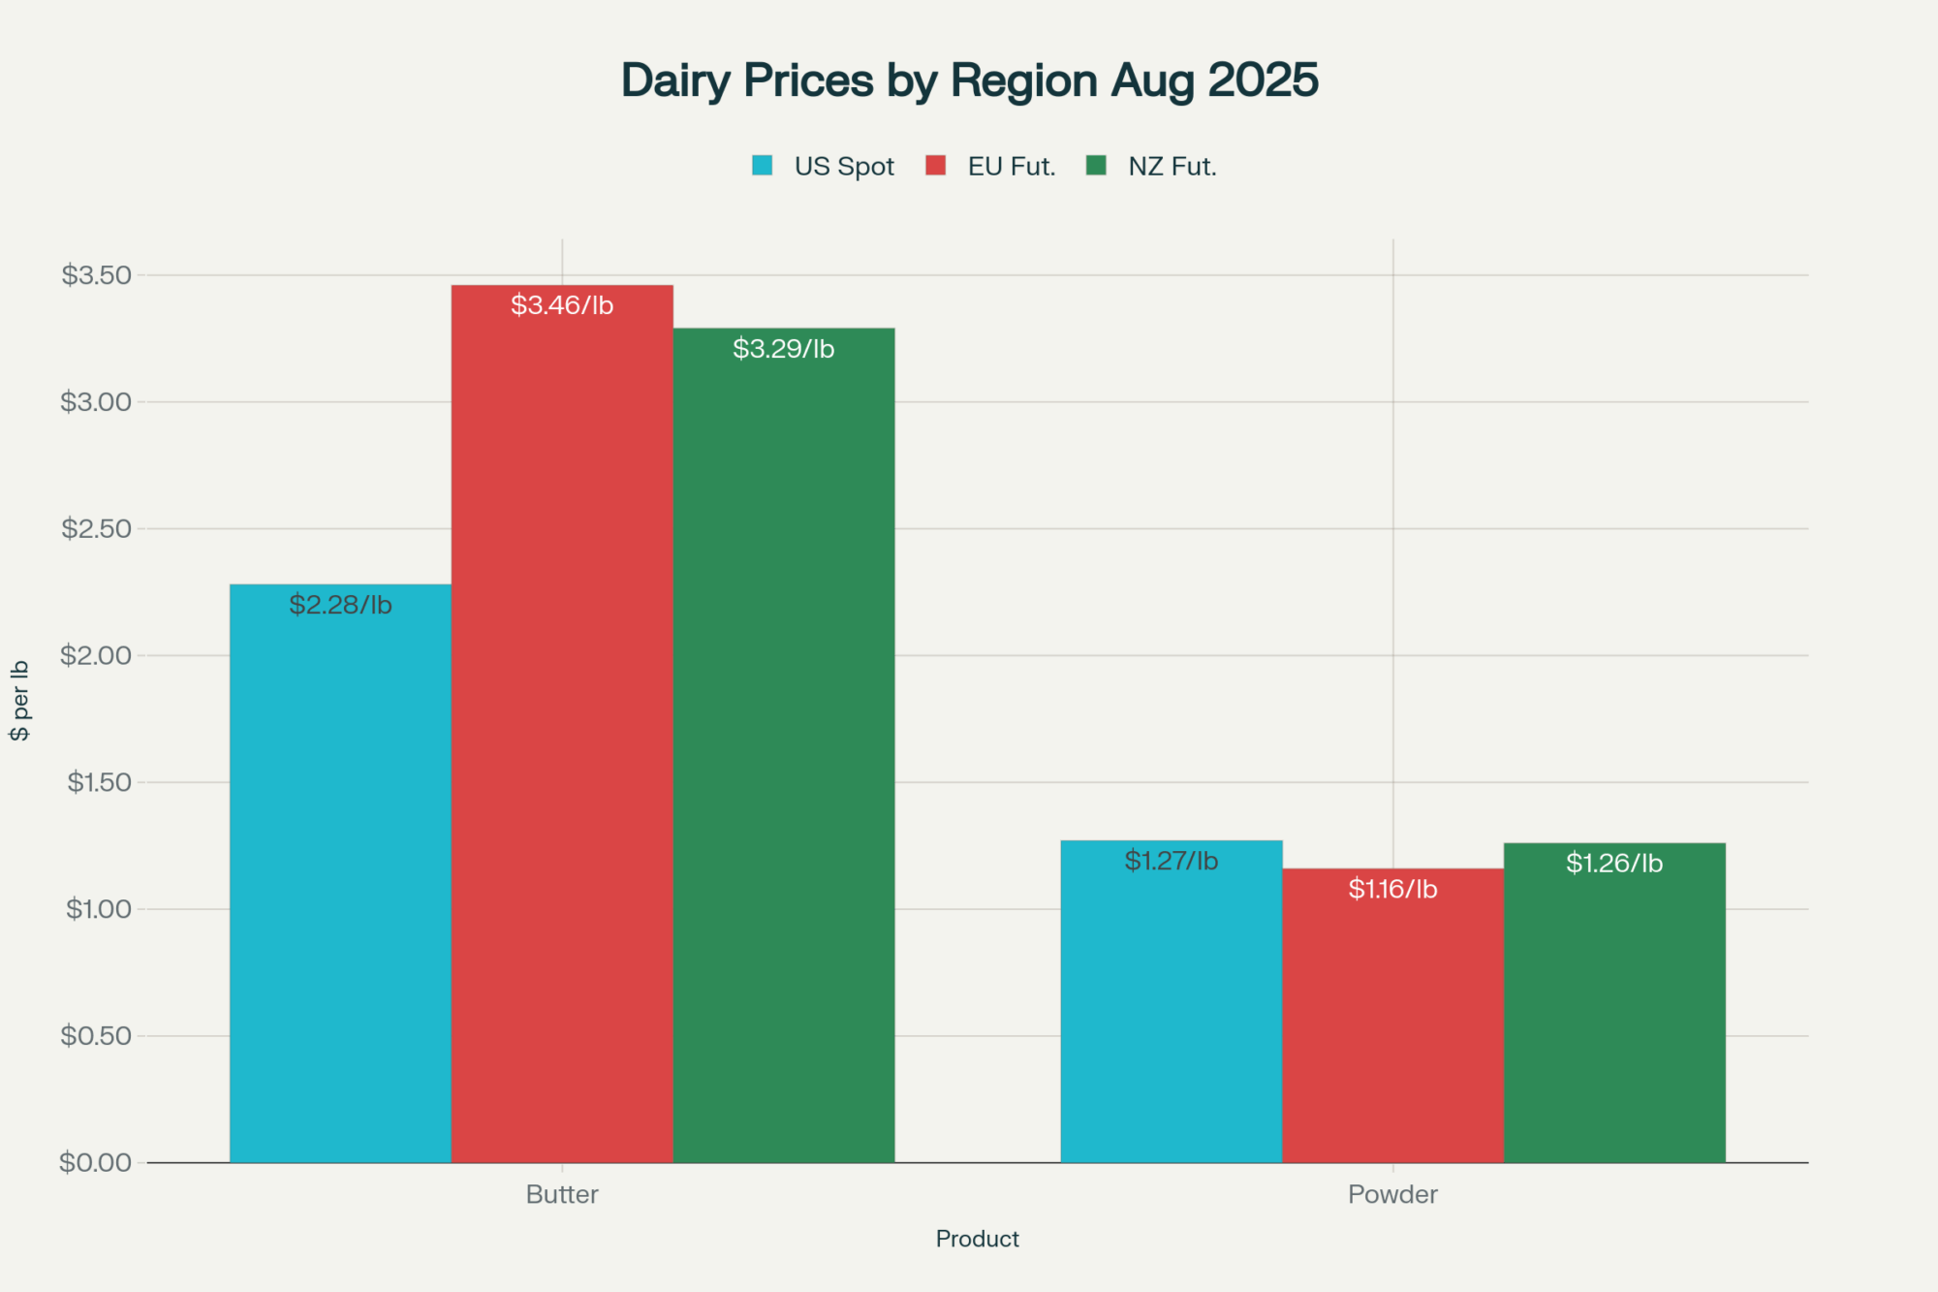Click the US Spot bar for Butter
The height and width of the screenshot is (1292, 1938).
click(340, 872)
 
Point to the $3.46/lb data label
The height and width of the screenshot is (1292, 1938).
click(562, 305)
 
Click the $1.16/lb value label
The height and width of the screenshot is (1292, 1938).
click(1392, 889)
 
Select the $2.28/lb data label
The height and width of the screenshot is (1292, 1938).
click(340, 605)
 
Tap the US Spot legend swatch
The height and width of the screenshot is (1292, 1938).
click(763, 166)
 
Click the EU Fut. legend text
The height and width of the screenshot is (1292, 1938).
click(1011, 167)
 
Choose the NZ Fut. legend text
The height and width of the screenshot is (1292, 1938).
click(1172, 167)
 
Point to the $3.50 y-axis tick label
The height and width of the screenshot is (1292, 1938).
click(96, 275)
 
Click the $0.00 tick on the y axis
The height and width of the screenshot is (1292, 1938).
click(95, 1162)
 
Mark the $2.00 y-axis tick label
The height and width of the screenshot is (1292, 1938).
click(95, 655)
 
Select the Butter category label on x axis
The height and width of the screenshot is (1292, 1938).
click(562, 1194)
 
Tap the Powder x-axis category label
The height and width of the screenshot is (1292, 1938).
click(1392, 1194)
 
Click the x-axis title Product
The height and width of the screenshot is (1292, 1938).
click(977, 1239)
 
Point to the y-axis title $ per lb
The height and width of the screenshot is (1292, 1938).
click(19, 701)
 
